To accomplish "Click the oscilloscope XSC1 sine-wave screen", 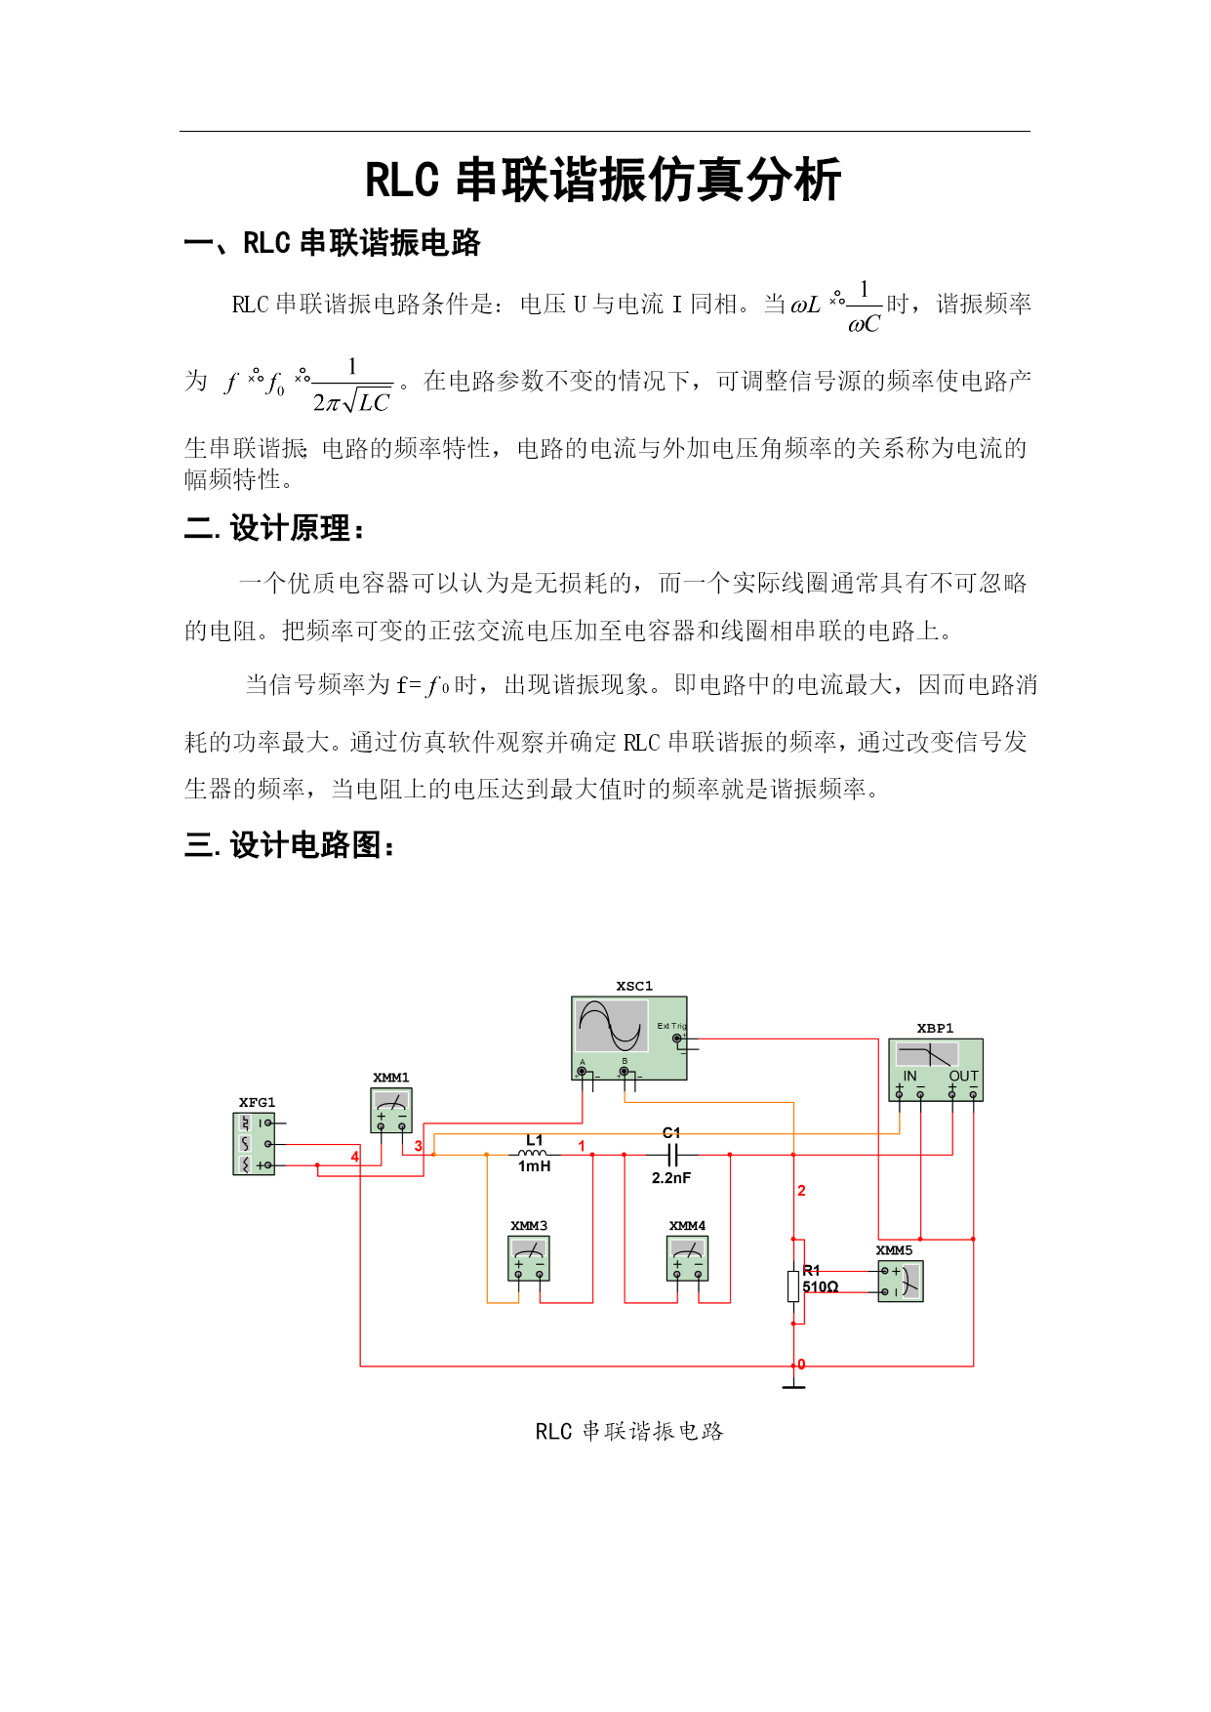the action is pyautogui.click(x=611, y=1025).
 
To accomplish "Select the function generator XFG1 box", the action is pyautogui.click(x=254, y=1144).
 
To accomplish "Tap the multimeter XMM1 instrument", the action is pyautogui.click(x=391, y=1111).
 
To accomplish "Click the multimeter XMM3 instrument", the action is pyautogui.click(x=529, y=1258).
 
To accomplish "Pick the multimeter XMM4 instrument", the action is pyautogui.click(x=687, y=1258).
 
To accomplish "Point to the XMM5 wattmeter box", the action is pyautogui.click(x=900, y=1281).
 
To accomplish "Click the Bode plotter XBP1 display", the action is pyautogui.click(x=928, y=1054).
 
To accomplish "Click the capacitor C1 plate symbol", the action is pyautogui.click(x=671, y=1155).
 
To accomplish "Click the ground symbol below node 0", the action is pyautogui.click(x=794, y=1381).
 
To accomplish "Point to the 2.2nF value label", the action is pyautogui.click(x=671, y=1178).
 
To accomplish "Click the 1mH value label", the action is pyautogui.click(x=534, y=1166).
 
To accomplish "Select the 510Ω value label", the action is pyautogui.click(x=821, y=1286).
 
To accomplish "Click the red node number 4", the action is pyautogui.click(x=355, y=1157).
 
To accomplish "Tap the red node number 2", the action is pyautogui.click(x=802, y=1191).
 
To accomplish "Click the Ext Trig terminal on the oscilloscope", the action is pyautogui.click(x=677, y=1039).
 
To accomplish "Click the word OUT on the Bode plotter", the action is pyautogui.click(x=963, y=1076).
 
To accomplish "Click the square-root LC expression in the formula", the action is pyautogui.click(x=367, y=401).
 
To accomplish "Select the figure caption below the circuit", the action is pyautogui.click(x=629, y=1431).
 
